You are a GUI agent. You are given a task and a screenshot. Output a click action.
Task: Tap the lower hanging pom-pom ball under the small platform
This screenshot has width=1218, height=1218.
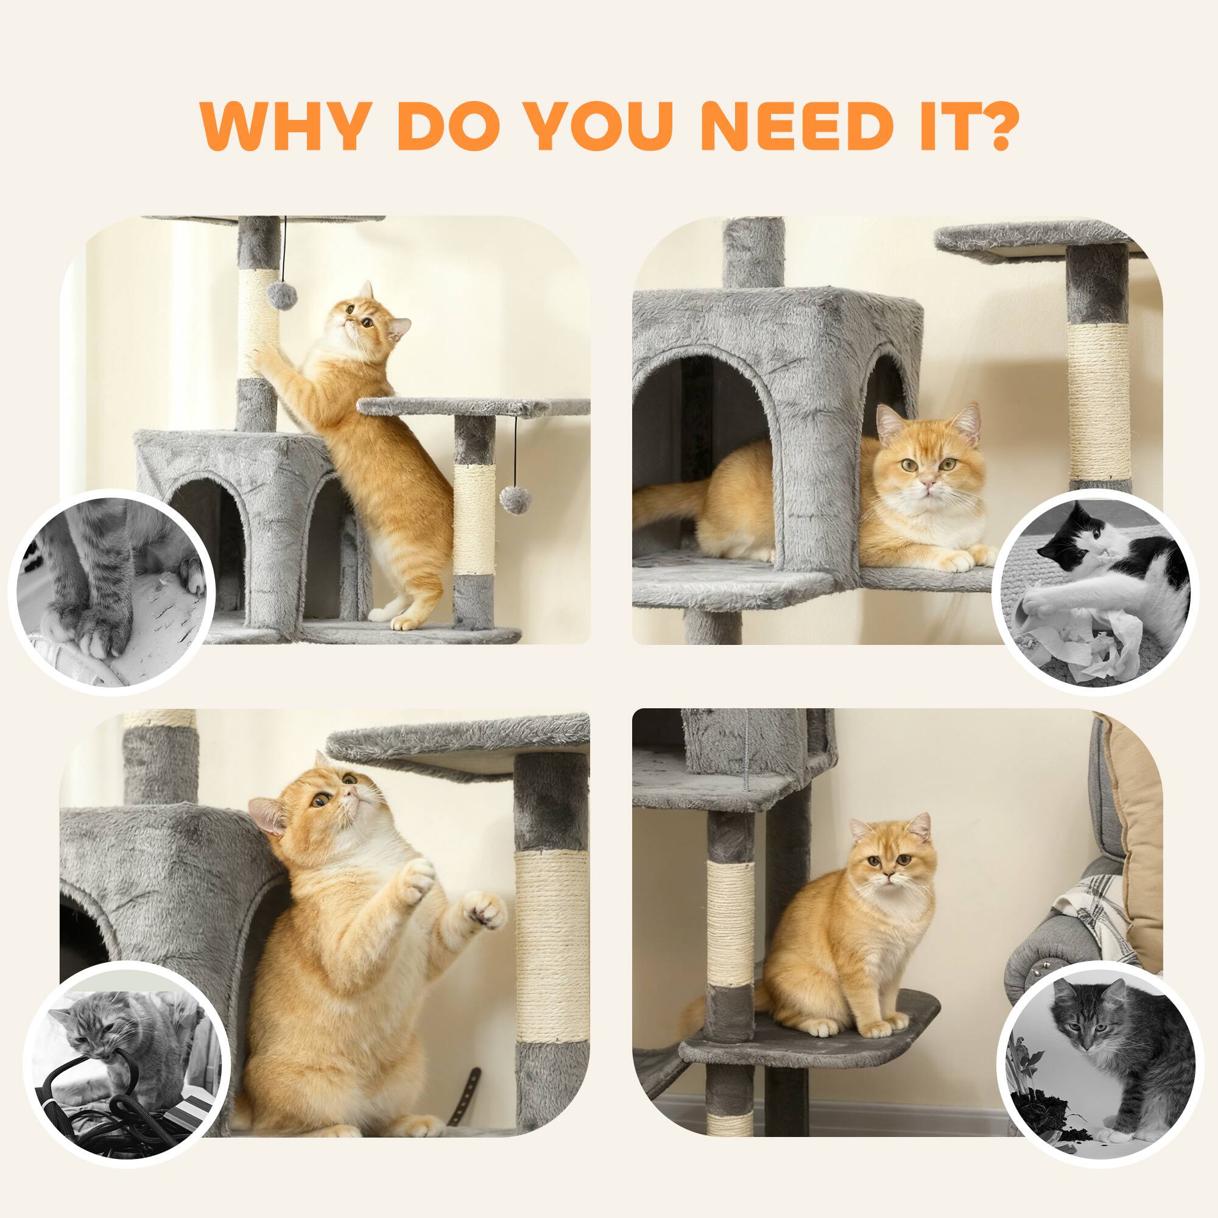point(512,498)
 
